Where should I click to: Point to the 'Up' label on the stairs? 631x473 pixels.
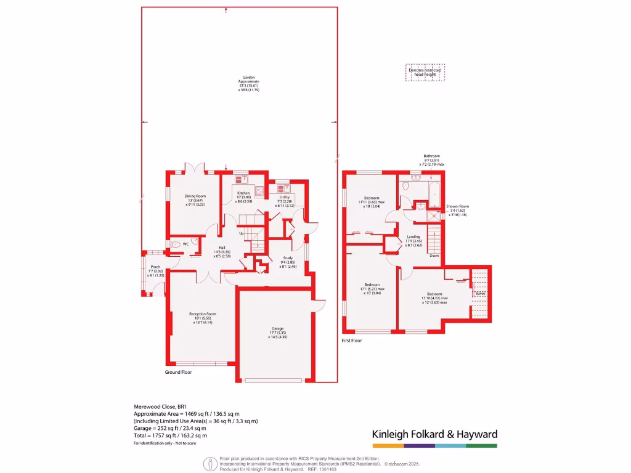point(241,233)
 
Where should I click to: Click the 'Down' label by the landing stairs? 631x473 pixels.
point(434,255)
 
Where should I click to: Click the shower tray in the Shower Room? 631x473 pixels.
point(434,215)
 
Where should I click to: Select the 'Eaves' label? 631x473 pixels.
point(480,294)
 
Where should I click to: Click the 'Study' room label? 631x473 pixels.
point(288,258)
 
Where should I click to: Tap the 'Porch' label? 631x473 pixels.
point(155,267)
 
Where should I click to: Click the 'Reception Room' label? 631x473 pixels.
point(203,313)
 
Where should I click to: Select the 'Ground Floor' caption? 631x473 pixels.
point(178,373)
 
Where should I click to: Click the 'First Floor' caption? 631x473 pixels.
point(352,340)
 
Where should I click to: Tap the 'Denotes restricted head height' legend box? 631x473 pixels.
point(425,72)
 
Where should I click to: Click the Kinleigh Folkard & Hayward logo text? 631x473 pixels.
point(434,434)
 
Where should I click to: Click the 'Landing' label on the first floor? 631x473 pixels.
point(413,236)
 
